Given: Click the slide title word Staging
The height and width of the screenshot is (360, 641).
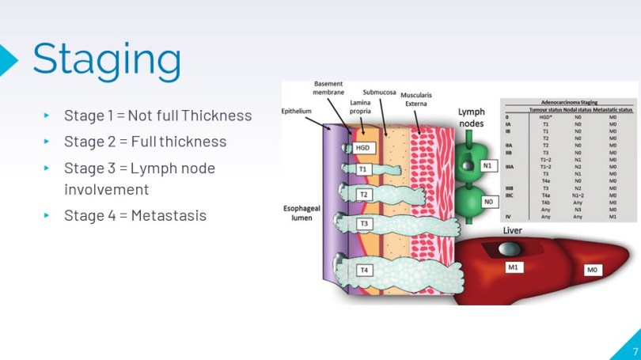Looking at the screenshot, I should point(106,58).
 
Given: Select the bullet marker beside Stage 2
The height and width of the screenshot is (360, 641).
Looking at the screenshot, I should point(47,142).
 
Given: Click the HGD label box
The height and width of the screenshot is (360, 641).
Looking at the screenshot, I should point(362,148).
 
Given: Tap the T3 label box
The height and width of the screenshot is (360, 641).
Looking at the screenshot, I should point(365,224).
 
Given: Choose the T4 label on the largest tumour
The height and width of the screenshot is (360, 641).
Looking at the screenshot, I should point(364,271).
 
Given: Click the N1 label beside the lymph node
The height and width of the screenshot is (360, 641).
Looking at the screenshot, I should point(489,167).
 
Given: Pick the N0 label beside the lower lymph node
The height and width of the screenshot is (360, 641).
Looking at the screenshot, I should point(489,203).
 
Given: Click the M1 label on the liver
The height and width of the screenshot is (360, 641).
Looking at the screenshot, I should point(512,267).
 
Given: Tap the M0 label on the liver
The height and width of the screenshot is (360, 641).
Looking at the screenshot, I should point(591,271).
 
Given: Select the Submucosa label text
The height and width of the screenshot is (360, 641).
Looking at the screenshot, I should point(379,93).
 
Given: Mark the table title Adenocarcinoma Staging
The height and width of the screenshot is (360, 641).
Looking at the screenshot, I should point(568,102).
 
